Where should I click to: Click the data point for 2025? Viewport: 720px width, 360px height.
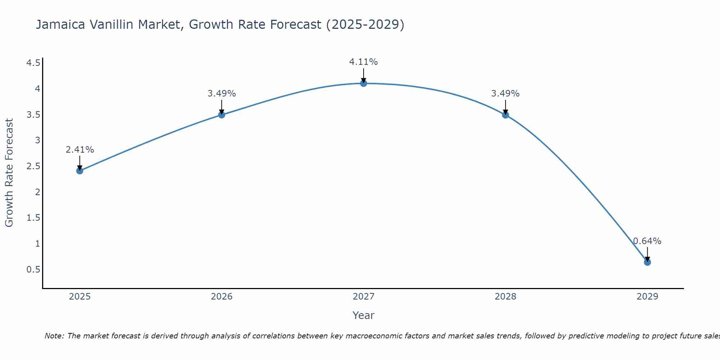[80, 171]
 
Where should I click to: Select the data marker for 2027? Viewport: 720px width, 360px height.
[364, 84]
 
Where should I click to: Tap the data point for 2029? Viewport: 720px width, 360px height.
[647, 262]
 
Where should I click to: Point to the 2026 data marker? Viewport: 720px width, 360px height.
[222, 115]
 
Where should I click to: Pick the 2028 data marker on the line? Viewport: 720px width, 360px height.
[505, 115]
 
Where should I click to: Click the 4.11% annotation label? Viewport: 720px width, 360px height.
[364, 62]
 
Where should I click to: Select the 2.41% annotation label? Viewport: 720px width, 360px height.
[80, 150]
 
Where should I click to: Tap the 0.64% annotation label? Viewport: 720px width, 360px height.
[647, 241]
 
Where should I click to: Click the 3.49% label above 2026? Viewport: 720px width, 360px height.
[222, 94]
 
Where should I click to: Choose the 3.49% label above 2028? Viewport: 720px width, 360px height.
[505, 94]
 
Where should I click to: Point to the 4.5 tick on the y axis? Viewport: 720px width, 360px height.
[33, 63]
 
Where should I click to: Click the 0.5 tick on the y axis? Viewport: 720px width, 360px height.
[33, 270]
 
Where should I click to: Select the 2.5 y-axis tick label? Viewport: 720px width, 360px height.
[33, 166]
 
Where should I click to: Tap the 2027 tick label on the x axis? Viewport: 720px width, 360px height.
[364, 297]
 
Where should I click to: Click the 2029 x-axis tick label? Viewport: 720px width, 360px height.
[647, 297]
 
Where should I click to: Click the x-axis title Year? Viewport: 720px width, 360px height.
[364, 315]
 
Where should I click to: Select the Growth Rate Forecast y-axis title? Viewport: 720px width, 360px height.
[9, 173]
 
